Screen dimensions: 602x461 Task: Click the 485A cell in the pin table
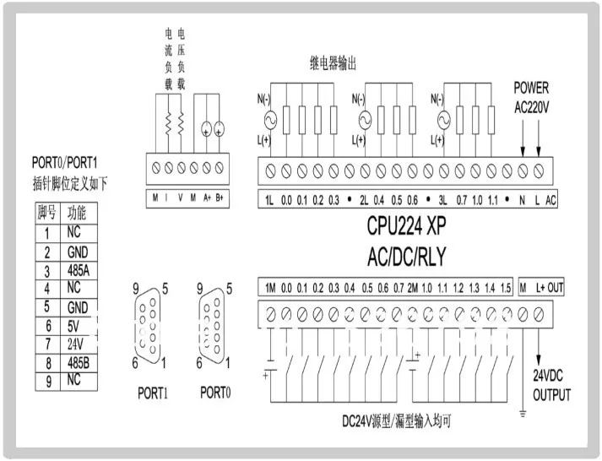(79, 271)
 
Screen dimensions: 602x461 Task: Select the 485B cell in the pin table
(79, 363)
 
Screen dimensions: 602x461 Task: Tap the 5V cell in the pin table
(73, 326)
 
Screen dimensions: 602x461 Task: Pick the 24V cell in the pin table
(75, 344)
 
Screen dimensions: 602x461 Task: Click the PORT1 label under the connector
(153, 393)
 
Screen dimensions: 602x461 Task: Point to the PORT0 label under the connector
(215, 393)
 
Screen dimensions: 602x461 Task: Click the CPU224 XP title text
(406, 225)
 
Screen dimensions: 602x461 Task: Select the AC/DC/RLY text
(407, 257)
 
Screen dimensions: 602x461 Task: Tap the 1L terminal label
(269, 200)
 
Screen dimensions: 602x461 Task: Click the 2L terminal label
(364, 200)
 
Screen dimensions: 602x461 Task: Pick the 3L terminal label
(442, 200)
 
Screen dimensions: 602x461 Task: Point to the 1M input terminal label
(270, 288)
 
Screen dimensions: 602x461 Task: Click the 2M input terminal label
(413, 288)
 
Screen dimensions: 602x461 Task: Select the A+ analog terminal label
(208, 198)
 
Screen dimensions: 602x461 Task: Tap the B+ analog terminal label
(220, 198)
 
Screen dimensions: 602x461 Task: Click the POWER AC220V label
(532, 97)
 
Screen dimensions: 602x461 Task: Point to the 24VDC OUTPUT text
(551, 385)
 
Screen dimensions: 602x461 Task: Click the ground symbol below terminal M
(523, 414)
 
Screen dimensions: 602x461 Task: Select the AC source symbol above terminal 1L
(271, 120)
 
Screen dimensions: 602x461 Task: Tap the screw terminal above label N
(523, 171)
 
